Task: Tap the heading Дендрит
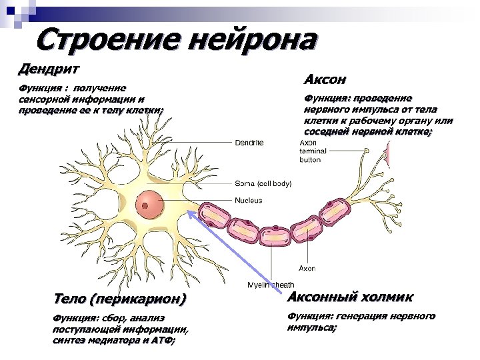click(x=49, y=69)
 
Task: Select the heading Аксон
click(x=325, y=80)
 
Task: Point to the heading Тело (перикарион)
click(x=119, y=297)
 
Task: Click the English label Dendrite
click(x=249, y=143)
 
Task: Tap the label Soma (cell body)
click(x=263, y=183)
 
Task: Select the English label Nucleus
click(x=248, y=200)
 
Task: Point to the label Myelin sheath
click(x=271, y=285)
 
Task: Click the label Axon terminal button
click(x=310, y=151)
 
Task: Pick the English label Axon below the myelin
click(x=307, y=268)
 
